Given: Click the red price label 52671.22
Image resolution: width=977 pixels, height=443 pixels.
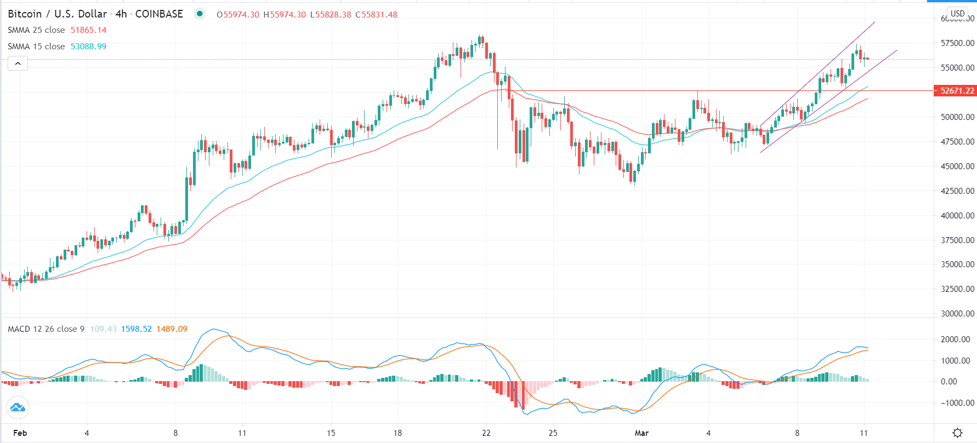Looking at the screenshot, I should point(957,91).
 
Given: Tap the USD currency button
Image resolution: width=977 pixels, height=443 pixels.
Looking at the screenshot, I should point(957,14).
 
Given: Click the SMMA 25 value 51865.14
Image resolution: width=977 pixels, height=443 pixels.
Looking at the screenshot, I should point(88,30).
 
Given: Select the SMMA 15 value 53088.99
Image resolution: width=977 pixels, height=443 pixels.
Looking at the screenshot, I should point(88,47).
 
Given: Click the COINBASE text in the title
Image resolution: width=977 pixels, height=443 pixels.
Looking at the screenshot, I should point(159,14).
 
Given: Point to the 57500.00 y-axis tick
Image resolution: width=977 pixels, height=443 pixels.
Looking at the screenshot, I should point(957,43).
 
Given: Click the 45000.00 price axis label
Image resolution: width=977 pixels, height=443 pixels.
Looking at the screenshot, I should point(957,166).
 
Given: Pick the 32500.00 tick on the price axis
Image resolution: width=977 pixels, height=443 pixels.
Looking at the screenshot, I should point(957,289).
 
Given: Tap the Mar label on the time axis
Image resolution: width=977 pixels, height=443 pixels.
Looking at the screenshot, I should point(641,433).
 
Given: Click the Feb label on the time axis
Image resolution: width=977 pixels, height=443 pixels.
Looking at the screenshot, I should point(20,433).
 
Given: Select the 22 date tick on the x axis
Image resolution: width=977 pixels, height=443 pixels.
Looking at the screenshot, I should point(486,433).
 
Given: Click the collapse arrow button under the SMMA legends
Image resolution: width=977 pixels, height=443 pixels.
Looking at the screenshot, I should point(18,64).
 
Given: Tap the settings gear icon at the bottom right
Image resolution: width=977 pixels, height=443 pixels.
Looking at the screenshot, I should point(957,433).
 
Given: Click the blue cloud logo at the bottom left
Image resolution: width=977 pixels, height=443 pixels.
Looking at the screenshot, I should point(18,407).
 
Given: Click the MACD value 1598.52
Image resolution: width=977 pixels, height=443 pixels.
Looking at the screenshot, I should point(136,329).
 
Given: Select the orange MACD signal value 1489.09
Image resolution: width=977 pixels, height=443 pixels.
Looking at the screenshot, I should point(172,329).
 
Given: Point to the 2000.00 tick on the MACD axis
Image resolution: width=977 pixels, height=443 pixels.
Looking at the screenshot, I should point(956,340).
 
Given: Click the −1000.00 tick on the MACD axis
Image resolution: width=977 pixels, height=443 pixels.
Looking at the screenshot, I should point(956,403).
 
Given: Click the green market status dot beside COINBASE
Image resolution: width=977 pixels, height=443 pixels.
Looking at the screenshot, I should point(200,14).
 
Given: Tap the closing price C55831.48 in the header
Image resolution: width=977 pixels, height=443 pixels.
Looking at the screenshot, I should point(376,15).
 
